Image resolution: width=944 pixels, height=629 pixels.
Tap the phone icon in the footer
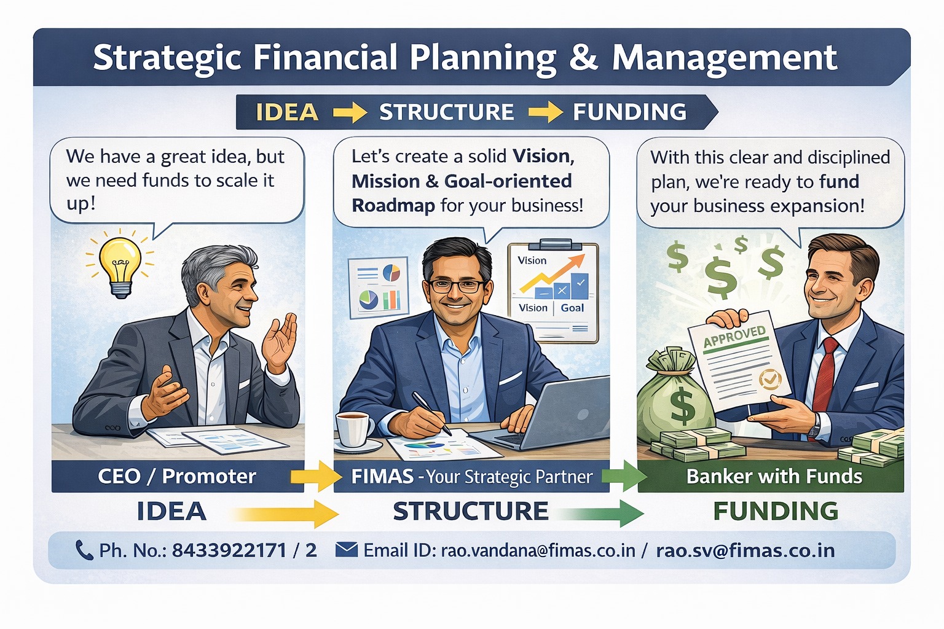click(x=84, y=550)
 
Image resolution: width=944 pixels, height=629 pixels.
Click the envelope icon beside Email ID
click(x=347, y=550)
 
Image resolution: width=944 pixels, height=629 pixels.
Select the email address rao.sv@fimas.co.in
click(x=745, y=550)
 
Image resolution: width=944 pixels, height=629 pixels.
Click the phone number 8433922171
click(x=229, y=550)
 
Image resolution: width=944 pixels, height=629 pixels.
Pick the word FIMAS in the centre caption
click(x=382, y=477)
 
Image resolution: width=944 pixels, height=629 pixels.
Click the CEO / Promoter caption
click(x=177, y=477)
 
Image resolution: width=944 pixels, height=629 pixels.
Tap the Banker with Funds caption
click(x=774, y=477)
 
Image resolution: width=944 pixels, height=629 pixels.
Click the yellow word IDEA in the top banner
click(x=287, y=112)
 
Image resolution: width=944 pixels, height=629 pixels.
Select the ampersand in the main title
click(x=583, y=57)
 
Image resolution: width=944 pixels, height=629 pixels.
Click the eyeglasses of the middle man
click(x=457, y=286)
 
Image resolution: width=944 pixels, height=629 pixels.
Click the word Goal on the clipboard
click(x=572, y=308)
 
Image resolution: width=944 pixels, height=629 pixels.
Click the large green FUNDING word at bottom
click(x=776, y=511)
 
